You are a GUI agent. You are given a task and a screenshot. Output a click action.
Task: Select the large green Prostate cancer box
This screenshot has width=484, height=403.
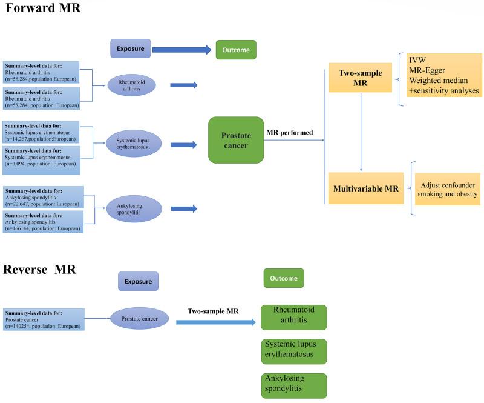click(x=235, y=140)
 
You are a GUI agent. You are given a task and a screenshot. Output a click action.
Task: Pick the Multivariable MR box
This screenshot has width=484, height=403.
click(x=365, y=188)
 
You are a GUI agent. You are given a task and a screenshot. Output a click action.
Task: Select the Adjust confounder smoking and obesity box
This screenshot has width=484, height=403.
click(x=447, y=189)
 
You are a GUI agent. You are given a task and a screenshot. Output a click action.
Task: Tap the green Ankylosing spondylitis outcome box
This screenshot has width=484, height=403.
click(x=293, y=385)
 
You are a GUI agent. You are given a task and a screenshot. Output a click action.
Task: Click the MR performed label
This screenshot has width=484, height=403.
click(x=290, y=133)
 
